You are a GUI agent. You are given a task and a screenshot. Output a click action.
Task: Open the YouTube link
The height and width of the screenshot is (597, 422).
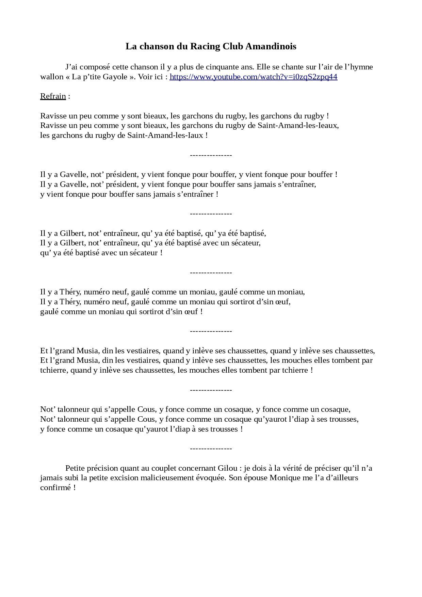coord(253,77)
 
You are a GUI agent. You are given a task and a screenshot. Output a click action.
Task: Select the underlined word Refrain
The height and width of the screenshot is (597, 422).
coord(53,96)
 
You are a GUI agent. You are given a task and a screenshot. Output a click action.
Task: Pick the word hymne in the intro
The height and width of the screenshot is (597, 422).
coord(361,67)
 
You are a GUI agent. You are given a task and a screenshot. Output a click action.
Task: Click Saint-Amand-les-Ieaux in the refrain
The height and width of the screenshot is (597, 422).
coord(298,126)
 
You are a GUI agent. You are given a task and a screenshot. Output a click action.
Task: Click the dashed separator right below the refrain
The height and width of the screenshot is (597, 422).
coord(211,155)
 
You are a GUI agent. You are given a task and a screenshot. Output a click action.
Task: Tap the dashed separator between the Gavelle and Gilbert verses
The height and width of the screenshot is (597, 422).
coord(211,214)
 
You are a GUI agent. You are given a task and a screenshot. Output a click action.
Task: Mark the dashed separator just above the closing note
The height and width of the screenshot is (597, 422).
coord(211,449)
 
